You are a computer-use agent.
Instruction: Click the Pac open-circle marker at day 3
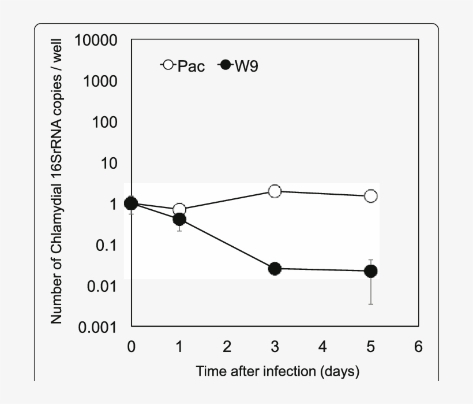pos(275,191)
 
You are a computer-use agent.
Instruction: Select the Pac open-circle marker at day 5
pos(371,196)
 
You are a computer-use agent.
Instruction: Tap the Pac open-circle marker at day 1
pos(179,209)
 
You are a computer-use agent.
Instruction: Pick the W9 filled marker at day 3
pos(275,269)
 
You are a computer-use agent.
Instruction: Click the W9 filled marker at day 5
pos(371,271)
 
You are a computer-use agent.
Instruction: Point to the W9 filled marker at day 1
pos(179,220)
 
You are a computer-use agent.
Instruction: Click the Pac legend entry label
pos(191,66)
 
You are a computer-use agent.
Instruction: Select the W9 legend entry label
pos(246,66)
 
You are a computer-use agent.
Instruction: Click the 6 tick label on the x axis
pos(418,347)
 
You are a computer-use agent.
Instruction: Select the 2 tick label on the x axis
pos(227,347)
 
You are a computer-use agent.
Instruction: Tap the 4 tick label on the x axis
pos(322,347)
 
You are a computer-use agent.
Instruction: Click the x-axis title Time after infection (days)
pos(277,371)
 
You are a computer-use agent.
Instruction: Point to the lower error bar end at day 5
pos(371,304)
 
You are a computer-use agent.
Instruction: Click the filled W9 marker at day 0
pos(132,203)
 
